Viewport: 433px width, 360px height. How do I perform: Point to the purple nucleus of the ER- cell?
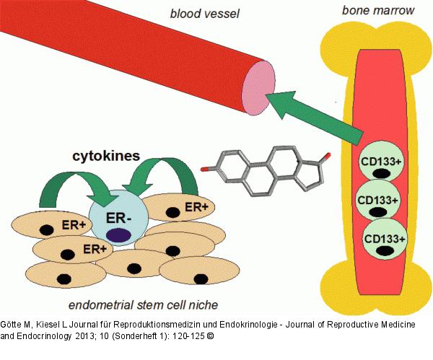click(x=118, y=234)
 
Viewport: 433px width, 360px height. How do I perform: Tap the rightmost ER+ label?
click(x=197, y=206)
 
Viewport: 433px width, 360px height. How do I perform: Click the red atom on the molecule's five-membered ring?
click(x=328, y=155)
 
